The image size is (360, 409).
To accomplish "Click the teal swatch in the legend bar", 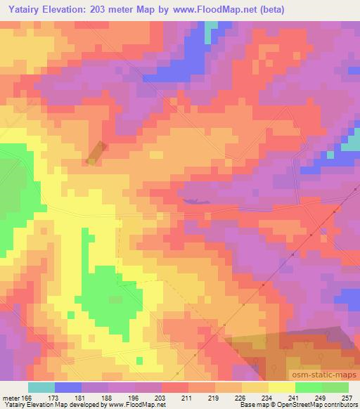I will point(41,387).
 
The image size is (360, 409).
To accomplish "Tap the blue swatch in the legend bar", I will point(68,387).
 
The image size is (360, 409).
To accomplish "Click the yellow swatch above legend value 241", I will point(281,387).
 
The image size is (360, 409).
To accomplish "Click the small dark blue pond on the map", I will point(195,202).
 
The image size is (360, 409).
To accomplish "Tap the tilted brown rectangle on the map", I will point(96,154).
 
